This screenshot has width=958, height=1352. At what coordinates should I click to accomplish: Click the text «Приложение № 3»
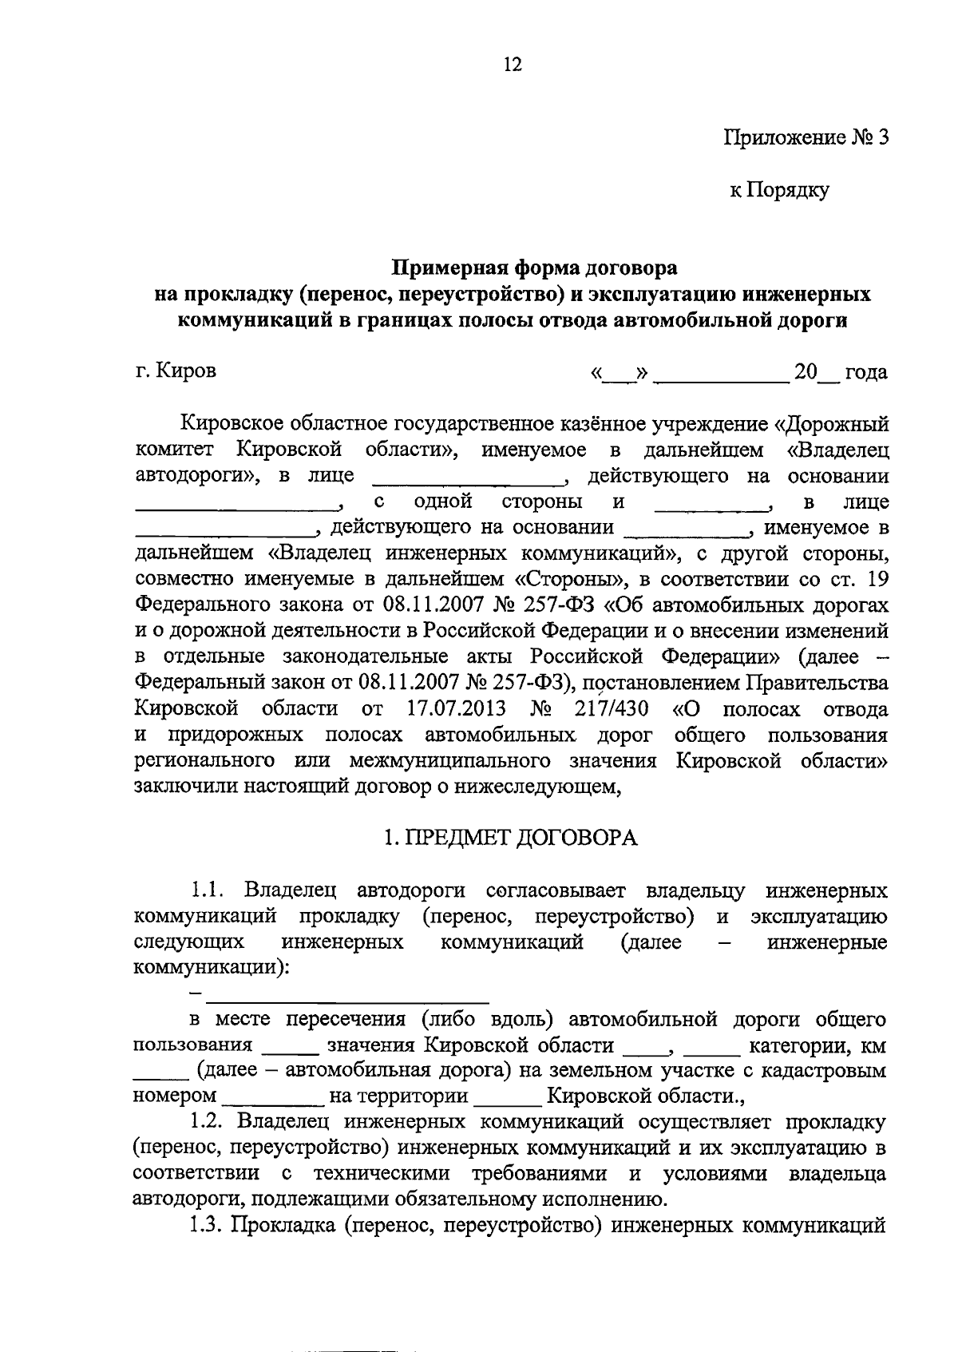806,137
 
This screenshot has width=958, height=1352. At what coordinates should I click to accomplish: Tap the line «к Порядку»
779,190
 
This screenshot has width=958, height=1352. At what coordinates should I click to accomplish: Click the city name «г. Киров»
176,371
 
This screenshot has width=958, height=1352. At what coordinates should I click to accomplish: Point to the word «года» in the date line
866,372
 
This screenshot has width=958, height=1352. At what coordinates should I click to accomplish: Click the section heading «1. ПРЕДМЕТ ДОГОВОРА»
511,839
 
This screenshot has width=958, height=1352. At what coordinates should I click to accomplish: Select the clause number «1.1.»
211,890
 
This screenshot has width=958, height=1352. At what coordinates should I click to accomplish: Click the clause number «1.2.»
211,1122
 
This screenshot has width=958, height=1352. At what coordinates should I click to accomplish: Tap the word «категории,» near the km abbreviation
792,1045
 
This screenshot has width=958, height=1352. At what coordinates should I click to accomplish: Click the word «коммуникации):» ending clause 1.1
212,967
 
